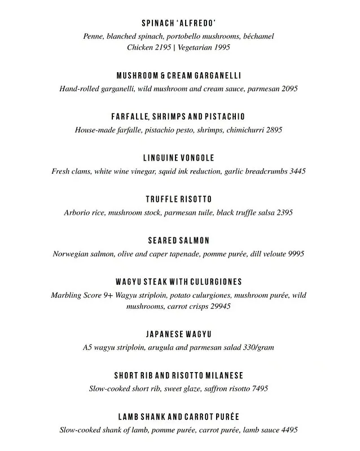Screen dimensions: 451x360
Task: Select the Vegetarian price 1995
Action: click(x=221, y=48)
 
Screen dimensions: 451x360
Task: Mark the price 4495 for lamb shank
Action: click(x=287, y=430)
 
